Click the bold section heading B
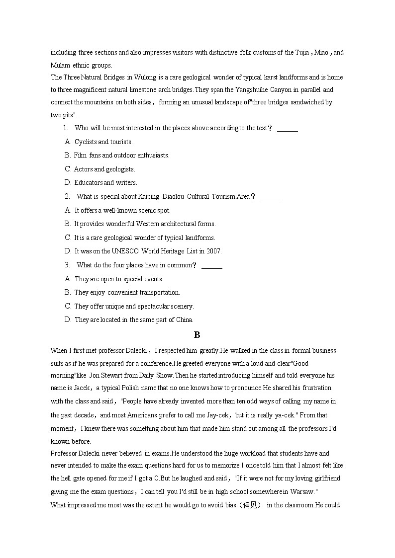197,335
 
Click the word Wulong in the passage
145,77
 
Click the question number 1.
65,128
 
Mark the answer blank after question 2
270,197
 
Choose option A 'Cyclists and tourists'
103,142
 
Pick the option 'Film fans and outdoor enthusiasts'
121,155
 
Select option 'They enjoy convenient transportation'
127,292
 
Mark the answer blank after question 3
212,265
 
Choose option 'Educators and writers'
105,182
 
